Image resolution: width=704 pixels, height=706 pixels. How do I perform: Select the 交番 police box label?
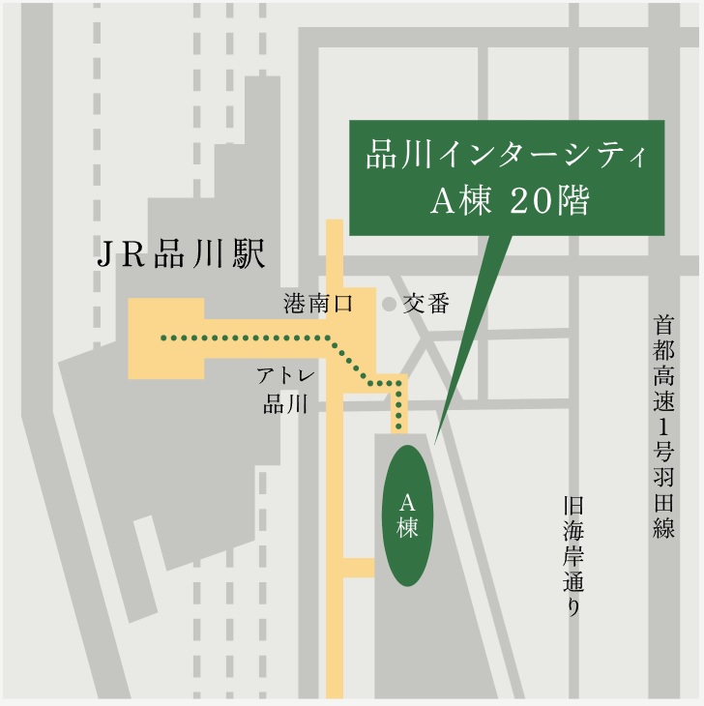tap(426, 304)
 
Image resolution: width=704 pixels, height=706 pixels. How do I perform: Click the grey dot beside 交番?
tap(389, 305)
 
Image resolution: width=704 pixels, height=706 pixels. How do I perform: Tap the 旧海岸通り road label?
tap(573, 557)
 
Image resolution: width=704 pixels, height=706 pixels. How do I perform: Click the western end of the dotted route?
tap(163, 338)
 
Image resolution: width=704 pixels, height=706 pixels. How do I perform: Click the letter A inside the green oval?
tap(407, 501)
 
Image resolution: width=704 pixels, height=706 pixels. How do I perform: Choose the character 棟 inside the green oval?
tap(407, 528)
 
